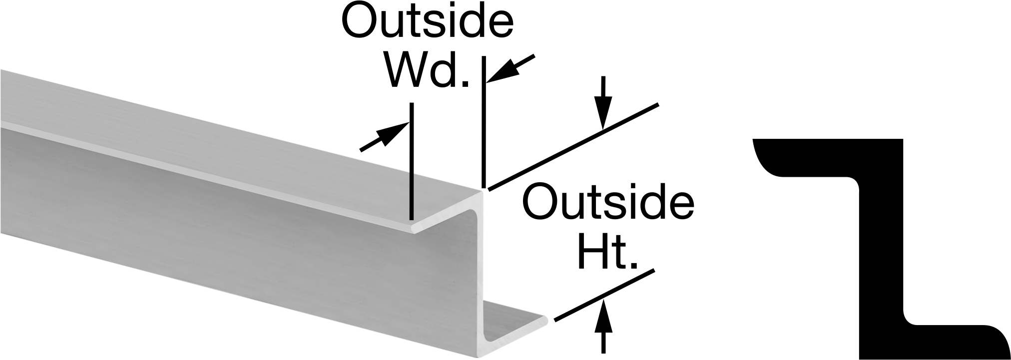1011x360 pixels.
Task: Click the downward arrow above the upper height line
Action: [x=604, y=103]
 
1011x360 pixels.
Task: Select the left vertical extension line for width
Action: [x=411, y=161]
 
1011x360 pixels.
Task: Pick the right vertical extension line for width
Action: [x=484, y=121]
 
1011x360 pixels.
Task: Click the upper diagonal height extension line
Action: [x=573, y=147]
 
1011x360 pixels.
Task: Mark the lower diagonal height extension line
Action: [x=603, y=295]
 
